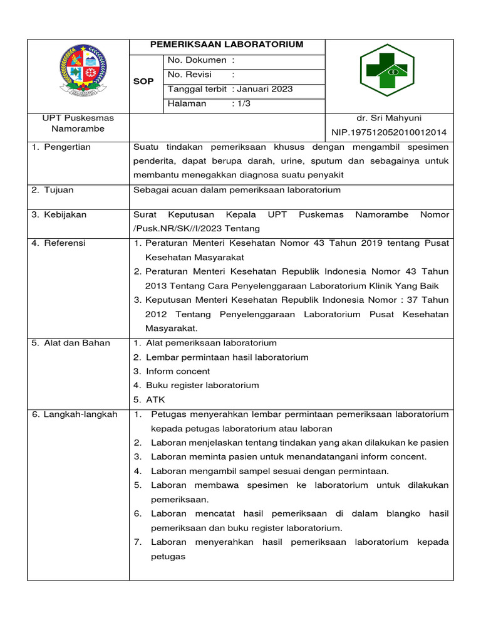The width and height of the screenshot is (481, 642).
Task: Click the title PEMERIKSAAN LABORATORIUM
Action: click(227, 45)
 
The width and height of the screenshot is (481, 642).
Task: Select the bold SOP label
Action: click(143, 82)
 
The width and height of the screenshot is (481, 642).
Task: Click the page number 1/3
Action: click(242, 103)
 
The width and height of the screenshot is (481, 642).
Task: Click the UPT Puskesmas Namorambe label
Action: click(78, 124)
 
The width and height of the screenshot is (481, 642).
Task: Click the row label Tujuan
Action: click(59, 190)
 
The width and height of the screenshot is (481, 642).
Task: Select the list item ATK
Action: click(155, 399)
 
